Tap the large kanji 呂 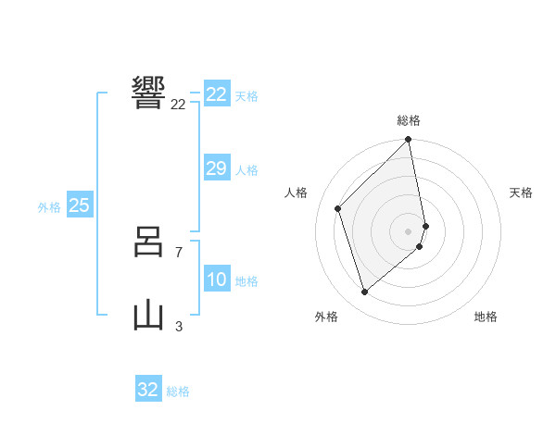(149, 244)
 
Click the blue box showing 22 (217, 94)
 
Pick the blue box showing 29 (217, 168)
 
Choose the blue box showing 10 (217, 280)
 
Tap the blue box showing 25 (79, 205)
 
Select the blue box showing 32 (148, 390)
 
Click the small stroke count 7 (178, 252)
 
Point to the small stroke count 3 (178, 326)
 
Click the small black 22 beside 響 (178, 105)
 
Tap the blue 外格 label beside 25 (49, 207)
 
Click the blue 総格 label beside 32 (178, 391)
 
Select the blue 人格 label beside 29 (246, 170)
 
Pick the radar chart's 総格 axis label (409, 120)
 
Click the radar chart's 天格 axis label (521, 193)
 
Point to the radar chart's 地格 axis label (486, 317)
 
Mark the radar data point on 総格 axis (409, 141)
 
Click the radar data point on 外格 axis (365, 292)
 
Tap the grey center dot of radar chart (409, 231)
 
